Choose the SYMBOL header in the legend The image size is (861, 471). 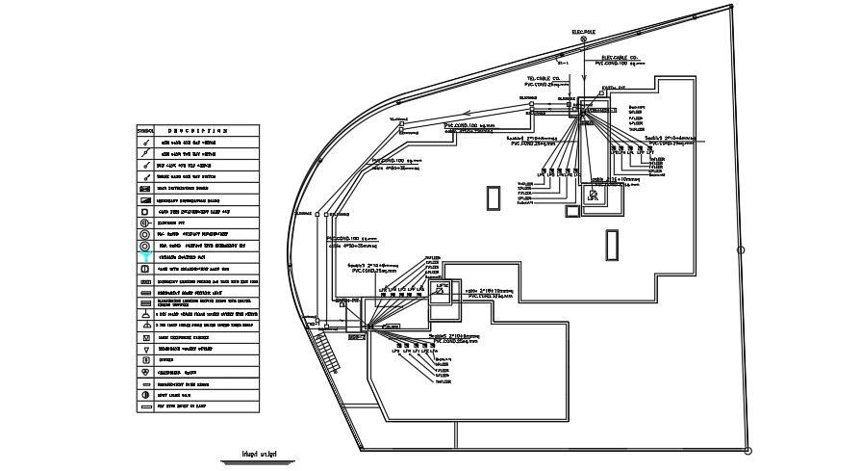pyautogui.click(x=145, y=129)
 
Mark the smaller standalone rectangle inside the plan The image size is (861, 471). pyautogui.click(x=494, y=196)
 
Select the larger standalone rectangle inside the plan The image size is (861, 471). pyautogui.click(x=611, y=245)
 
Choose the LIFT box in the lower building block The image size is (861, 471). pyautogui.click(x=443, y=288)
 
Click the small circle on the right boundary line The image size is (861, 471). pyautogui.click(x=742, y=251)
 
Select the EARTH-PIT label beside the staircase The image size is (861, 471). pyautogui.click(x=347, y=300)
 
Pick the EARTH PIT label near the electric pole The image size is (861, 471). pyautogui.click(x=615, y=88)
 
